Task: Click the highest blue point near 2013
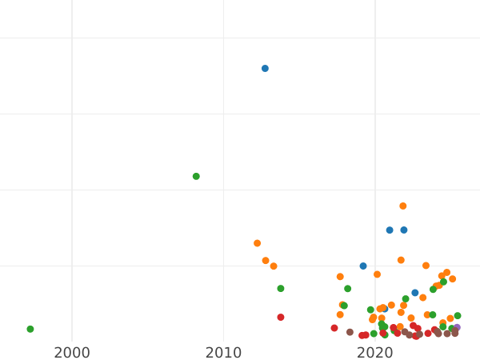click(265, 69)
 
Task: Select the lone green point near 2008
click(196, 176)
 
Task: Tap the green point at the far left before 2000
click(30, 329)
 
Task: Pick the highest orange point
click(403, 206)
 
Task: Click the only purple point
click(457, 327)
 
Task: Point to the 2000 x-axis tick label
click(72, 352)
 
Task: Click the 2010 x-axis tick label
click(223, 352)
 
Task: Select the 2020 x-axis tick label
click(374, 352)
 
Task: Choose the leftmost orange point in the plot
click(258, 243)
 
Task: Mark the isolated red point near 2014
click(281, 318)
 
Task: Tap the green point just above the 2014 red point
click(281, 289)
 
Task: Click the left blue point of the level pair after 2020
click(390, 230)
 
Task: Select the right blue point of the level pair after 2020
click(404, 230)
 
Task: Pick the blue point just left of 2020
click(363, 266)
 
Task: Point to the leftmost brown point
click(350, 332)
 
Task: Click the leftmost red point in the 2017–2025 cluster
click(334, 328)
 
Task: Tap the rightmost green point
click(458, 316)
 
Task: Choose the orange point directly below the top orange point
click(401, 260)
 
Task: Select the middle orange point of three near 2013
click(266, 261)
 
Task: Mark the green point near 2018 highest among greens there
click(347, 289)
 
